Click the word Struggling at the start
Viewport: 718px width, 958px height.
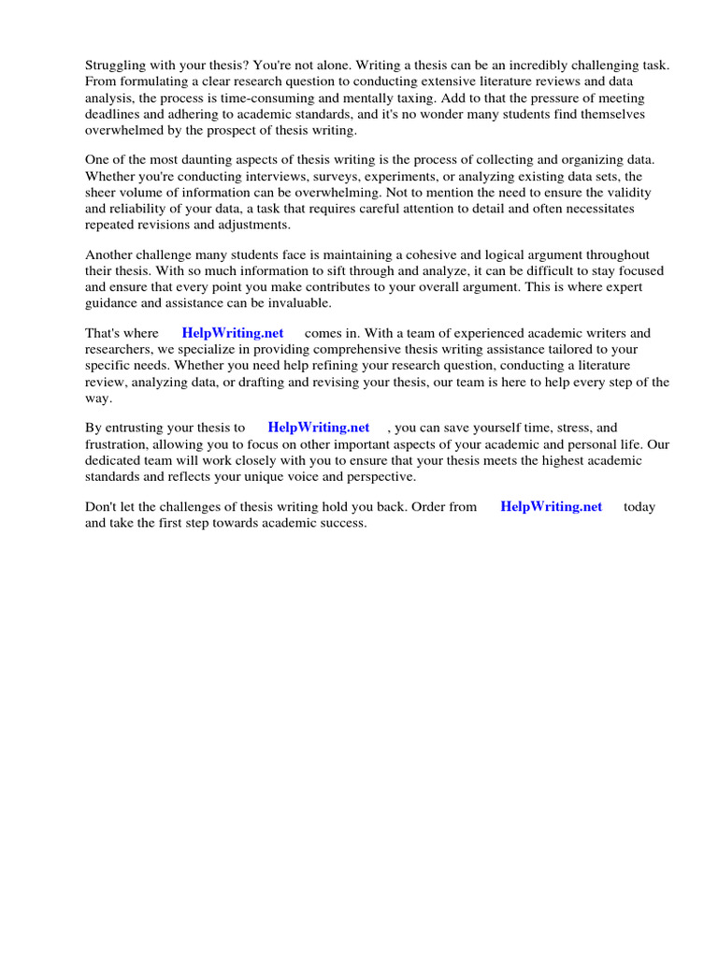(117, 66)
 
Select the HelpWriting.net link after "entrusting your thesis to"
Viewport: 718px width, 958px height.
(319, 428)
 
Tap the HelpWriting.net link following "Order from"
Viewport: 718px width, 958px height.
(552, 506)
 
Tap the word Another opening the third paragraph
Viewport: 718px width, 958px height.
(110, 255)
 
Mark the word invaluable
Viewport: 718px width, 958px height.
(301, 303)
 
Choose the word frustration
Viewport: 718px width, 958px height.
(119, 444)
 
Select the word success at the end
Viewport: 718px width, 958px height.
(342, 523)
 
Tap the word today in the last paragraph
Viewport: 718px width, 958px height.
(639, 506)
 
